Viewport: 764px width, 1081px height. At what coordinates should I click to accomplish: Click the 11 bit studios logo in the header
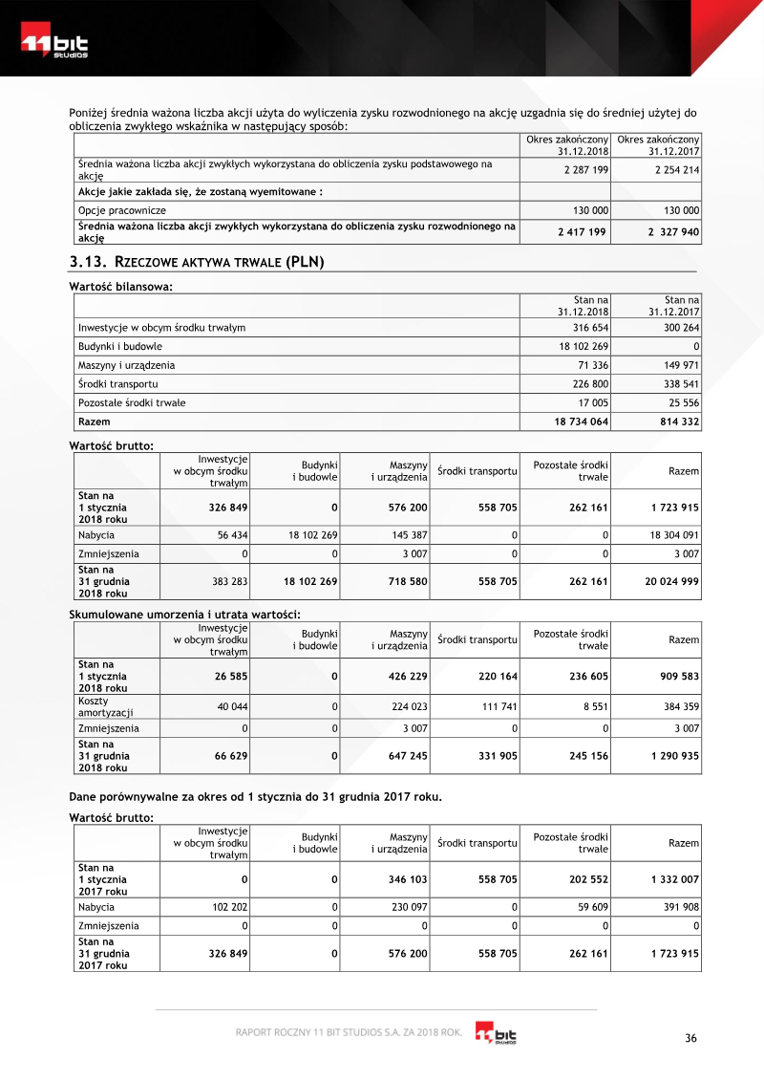point(55,46)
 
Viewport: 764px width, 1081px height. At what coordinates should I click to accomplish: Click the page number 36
point(692,1039)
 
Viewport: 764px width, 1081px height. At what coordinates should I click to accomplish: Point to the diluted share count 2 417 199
point(582,231)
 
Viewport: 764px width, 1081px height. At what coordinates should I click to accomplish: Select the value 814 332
point(676,421)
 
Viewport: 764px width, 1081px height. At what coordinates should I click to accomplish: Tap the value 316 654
point(588,328)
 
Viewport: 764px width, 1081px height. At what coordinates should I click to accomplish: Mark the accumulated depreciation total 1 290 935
point(671,755)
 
